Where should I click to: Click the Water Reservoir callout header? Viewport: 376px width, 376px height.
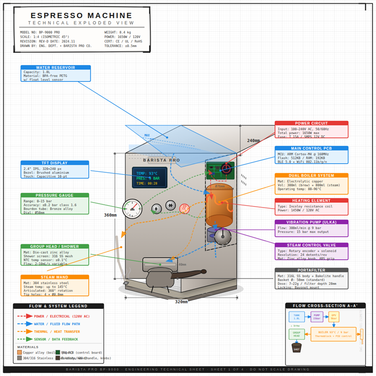(x=55, y=68)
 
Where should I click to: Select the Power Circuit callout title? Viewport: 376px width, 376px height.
(x=311, y=123)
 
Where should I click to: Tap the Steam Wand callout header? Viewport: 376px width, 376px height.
(x=55, y=277)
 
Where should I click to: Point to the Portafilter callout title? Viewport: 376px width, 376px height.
(x=311, y=270)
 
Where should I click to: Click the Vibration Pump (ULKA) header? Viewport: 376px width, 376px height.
(x=311, y=222)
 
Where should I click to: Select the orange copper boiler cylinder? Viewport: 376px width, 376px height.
(x=219, y=206)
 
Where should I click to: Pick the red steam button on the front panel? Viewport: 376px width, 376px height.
(x=184, y=208)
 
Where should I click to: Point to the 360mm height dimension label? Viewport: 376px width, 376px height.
(x=111, y=215)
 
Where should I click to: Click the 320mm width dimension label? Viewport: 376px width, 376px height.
(x=181, y=302)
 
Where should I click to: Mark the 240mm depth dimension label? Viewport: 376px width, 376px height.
(x=253, y=141)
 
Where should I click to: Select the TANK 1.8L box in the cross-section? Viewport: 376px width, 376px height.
(x=296, y=317)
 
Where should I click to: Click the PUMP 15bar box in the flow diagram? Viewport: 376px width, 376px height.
(x=316, y=317)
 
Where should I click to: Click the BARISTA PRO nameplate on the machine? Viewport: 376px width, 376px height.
(x=162, y=160)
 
